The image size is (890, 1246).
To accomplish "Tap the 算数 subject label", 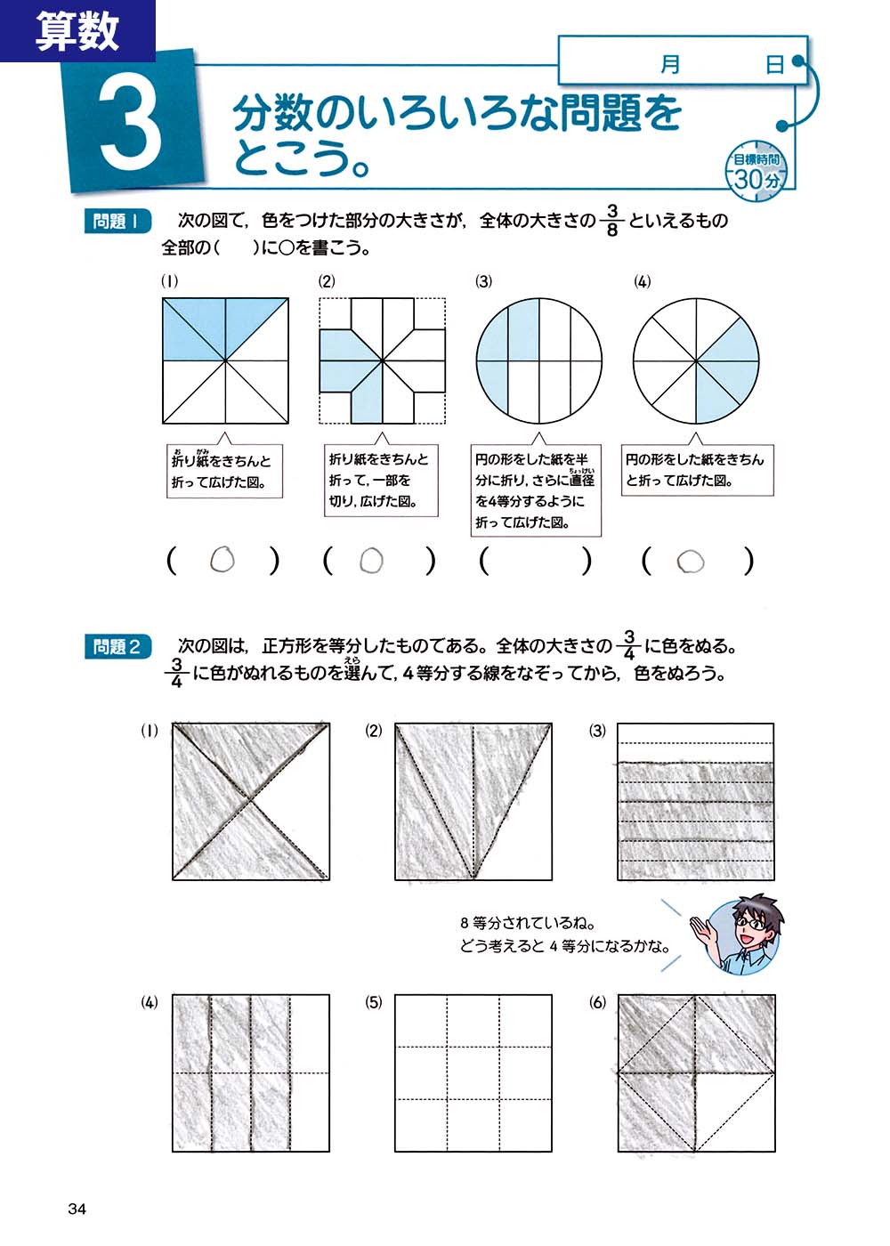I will [77, 30].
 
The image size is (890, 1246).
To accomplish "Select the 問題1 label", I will [117, 221].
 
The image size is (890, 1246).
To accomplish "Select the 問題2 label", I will [117, 646].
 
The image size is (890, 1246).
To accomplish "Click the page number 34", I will [77, 1208].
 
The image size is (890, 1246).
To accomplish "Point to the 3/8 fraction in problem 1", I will [611, 220].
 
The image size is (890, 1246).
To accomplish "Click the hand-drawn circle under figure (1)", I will [222, 560].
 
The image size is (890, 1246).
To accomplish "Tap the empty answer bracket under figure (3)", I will [535, 561].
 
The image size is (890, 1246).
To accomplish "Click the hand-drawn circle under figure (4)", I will [691, 562].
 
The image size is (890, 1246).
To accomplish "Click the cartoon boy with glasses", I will [744, 934].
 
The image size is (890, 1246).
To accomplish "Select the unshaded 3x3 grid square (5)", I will [473, 1073].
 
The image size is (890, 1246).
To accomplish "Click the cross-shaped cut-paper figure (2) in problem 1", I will [383, 360].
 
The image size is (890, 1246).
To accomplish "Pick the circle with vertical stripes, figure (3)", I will [538, 360].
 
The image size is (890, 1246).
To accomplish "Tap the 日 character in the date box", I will [775, 64].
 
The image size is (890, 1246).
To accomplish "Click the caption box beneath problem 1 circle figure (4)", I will [694, 470].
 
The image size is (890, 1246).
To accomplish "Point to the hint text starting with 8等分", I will [564, 934].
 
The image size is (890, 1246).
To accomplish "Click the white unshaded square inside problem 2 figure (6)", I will [734, 1112].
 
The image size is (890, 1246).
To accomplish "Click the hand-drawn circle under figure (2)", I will [371, 561].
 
